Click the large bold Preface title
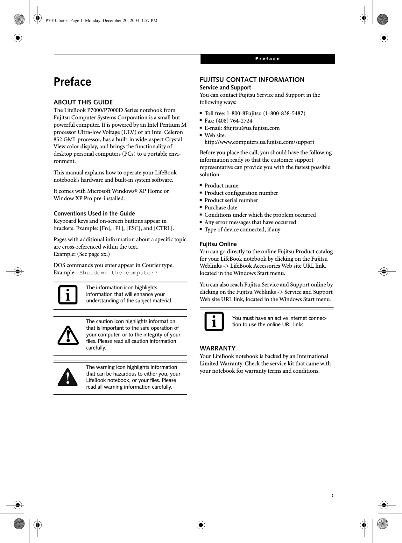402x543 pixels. [72, 82]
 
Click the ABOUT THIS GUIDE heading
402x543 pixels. [83, 102]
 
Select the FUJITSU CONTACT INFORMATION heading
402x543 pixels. [252, 80]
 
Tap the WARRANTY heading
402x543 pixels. [217, 348]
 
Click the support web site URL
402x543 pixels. [259, 142]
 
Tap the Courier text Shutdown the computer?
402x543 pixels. [118, 273]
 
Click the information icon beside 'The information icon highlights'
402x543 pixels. [68, 295]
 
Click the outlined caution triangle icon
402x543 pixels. [68, 335]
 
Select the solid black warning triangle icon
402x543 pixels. [68, 377]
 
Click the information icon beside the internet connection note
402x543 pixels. [214, 321]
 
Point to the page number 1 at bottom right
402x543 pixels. [332, 496]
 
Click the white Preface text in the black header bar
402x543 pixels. [267, 59]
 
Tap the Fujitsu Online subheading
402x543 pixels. [218, 244]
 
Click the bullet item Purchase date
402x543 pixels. [221, 208]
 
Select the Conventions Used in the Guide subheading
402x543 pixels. [94, 213]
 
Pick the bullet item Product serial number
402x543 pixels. [231, 200]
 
